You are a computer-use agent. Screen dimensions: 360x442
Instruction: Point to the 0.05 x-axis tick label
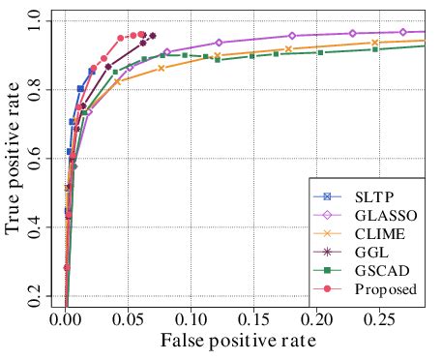coord(129,320)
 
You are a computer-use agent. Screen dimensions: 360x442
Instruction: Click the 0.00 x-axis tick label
coord(66,320)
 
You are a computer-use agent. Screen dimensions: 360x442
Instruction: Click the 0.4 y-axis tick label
coord(36,226)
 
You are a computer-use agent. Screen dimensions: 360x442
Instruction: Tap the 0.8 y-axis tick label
coord(36,89)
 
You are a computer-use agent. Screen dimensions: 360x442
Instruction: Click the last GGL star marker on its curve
coord(152,36)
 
